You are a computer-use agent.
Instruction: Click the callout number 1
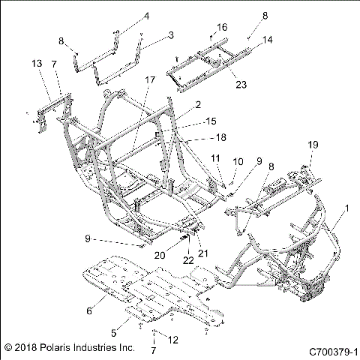[x=346, y=208]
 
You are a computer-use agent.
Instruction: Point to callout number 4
[x=146, y=16]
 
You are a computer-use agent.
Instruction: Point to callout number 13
[x=38, y=64]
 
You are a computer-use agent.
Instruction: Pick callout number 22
[x=187, y=260]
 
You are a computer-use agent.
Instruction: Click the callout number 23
[x=220, y=85]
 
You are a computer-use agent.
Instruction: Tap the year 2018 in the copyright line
[x=26, y=349]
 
